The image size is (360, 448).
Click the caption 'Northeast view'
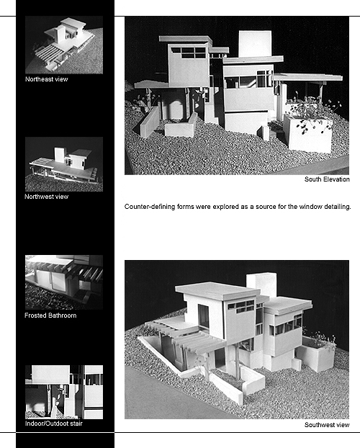coord(47,79)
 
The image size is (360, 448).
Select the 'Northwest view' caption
coord(46,197)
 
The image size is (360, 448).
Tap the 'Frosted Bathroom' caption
coord(50,315)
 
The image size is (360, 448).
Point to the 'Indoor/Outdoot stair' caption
coord(54,424)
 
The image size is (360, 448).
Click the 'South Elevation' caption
coord(327,179)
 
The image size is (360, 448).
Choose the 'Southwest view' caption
coord(327,425)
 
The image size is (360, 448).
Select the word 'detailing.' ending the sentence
coord(338,207)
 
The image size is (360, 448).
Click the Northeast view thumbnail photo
coord(64,45)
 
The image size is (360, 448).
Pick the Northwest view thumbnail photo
coord(64,164)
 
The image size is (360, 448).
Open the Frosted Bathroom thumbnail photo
coord(64,282)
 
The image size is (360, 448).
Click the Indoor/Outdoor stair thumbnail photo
coord(64,392)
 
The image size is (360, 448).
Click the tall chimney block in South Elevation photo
coord(255,44)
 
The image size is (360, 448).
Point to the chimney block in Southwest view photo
coord(261,285)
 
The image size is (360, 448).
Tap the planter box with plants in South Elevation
coord(310,133)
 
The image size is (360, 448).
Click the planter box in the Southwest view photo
coord(315,354)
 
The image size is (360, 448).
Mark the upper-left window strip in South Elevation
coord(189,53)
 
